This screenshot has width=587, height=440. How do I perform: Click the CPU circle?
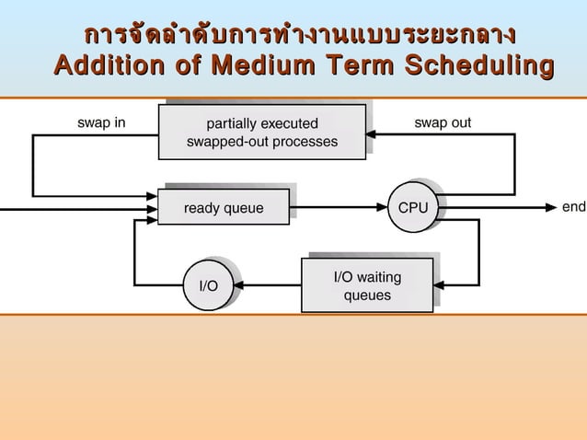412,208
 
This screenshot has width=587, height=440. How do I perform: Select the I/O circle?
209,285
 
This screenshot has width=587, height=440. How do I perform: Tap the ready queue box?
224,208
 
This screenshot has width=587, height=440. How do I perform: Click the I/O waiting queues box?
367,285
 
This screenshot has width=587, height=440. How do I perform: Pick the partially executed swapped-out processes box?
262,133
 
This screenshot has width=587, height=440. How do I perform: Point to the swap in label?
101,122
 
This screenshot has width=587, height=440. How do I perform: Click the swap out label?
443,122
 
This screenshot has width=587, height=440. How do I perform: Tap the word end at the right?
573,207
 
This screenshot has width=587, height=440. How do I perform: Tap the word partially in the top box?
230,123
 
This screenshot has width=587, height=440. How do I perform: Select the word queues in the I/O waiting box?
367,295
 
